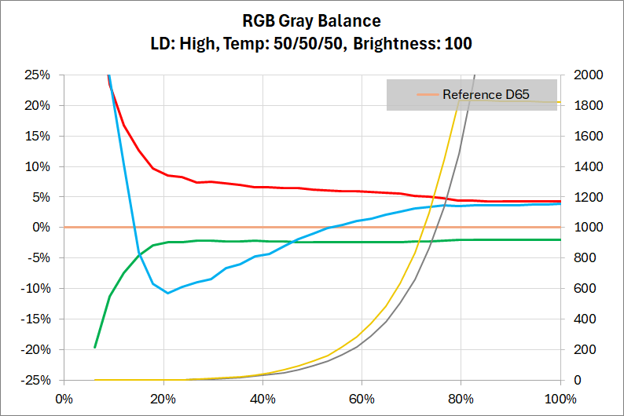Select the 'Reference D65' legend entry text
click(486, 95)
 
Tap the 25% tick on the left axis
click(38, 75)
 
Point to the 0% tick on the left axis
click(41, 228)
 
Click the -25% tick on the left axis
click(36, 380)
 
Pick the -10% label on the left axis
click(36, 289)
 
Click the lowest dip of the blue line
click(167, 293)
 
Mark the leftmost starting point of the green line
click(95, 347)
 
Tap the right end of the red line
click(560, 201)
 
